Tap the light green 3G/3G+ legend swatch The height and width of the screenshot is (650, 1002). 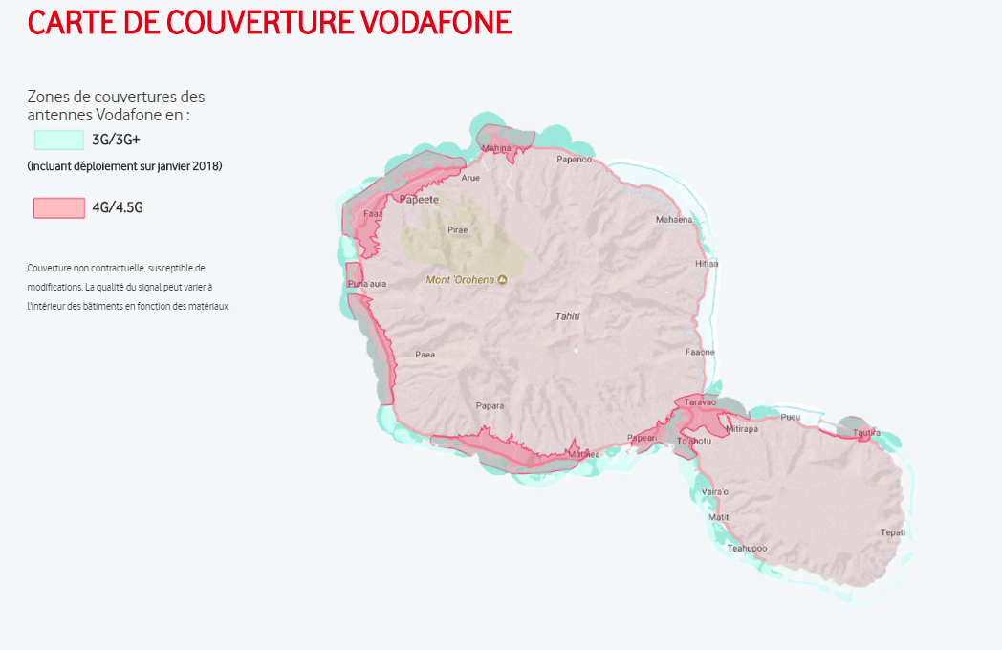pyautogui.click(x=59, y=140)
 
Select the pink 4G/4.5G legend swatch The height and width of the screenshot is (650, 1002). pyautogui.click(x=59, y=207)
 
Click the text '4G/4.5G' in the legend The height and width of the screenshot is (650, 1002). pyautogui.click(x=118, y=207)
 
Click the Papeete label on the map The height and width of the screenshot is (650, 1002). pyautogui.click(x=419, y=200)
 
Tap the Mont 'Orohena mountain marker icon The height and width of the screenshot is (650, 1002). pyautogui.click(x=503, y=280)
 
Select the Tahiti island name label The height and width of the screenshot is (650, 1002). pyautogui.click(x=568, y=316)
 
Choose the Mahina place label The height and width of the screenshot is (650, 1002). pyautogui.click(x=496, y=148)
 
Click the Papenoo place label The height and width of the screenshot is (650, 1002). pyautogui.click(x=575, y=160)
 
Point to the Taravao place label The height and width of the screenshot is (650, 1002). pyautogui.click(x=700, y=402)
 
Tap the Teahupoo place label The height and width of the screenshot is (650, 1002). pyautogui.click(x=747, y=548)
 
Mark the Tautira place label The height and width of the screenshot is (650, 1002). pyautogui.click(x=866, y=432)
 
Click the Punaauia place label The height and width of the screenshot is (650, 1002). pyautogui.click(x=367, y=284)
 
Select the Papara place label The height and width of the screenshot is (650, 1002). pyautogui.click(x=490, y=406)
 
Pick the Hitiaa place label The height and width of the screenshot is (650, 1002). pyautogui.click(x=707, y=263)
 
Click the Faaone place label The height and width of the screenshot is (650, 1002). pyautogui.click(x=700, y=352)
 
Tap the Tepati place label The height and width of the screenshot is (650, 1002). pyautogui.click(x=892, y=532)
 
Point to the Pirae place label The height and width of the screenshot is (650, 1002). pyautogui.click(x=458, y=230)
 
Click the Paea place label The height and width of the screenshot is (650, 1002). pyautogui.click(x=425, y=355)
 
